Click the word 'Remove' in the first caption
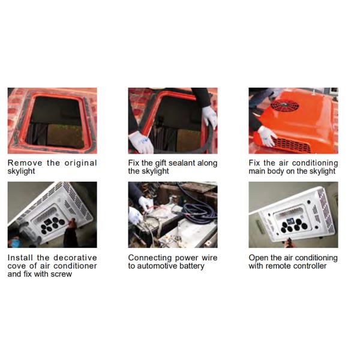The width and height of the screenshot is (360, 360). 25,163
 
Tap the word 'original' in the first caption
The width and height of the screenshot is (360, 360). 80,163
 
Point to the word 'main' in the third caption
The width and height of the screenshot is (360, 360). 257,171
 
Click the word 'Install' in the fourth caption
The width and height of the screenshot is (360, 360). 20,257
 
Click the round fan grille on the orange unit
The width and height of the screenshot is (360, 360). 284,105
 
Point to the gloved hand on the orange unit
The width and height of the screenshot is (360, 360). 266,136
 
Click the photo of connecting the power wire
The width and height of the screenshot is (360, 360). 173,215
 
